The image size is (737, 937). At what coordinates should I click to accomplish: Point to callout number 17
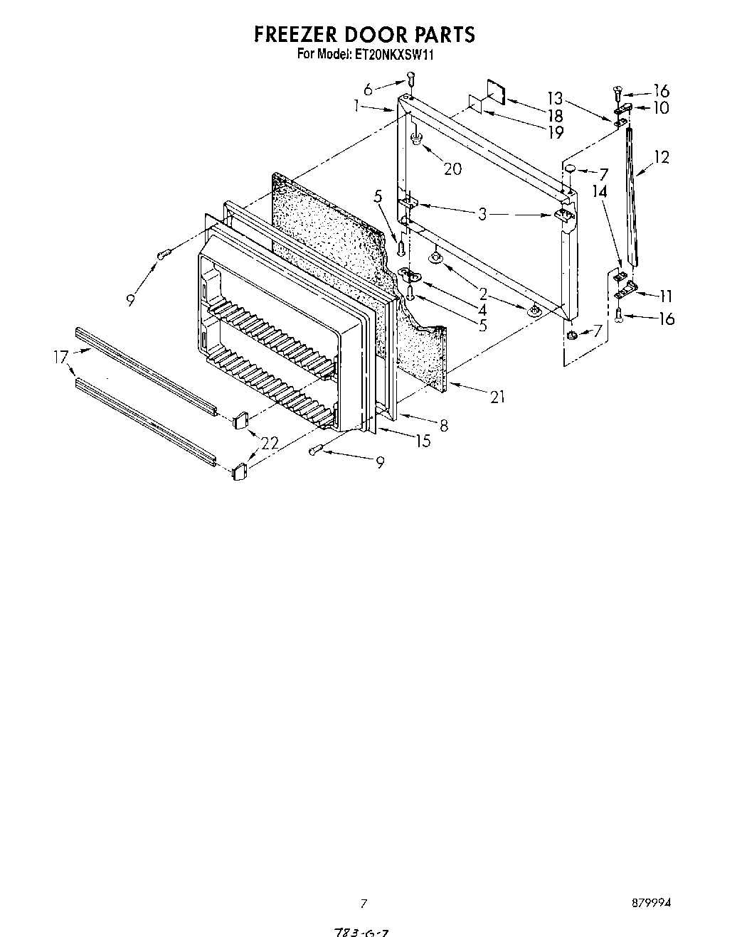click(x=60, y=359)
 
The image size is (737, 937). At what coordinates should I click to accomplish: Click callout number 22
click(x=269, y=444)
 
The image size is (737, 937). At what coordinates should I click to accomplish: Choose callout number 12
click(x=662, y=156)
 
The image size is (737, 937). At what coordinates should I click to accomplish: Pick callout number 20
click(x=452, y=168)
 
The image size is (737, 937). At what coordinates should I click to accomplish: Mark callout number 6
click(x=368, y=90)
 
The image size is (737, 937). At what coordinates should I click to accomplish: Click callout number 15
click(x=423, y=441)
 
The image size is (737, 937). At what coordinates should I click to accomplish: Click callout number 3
click(x=482, y=213)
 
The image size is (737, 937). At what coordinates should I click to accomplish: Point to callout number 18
click(x=555, y=116)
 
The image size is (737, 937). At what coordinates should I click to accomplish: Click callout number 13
click(x=555, y=98)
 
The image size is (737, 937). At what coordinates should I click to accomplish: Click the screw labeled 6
click(x=410, y=77)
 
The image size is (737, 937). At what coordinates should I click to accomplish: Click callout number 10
click(x=662, y=107)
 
